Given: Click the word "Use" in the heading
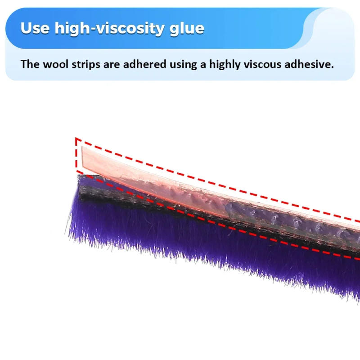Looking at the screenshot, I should [35, 28].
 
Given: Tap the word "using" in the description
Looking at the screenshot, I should [183, 64].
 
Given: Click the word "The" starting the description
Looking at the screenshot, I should [30, 64].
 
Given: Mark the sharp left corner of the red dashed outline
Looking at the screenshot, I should [76, 139].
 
